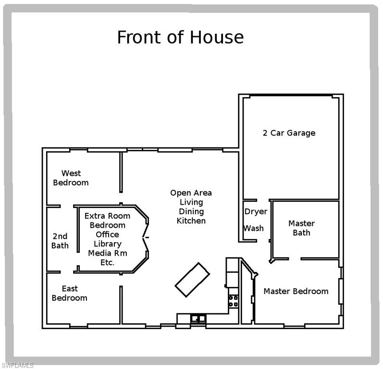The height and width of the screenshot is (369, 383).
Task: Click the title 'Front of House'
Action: pos(180,37)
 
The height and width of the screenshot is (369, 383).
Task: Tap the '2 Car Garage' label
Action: pos(289,133)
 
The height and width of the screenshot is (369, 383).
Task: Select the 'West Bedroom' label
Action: pos(71,178)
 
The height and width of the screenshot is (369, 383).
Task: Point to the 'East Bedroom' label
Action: pos(70,293)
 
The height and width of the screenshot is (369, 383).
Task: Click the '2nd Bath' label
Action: pos(60,241)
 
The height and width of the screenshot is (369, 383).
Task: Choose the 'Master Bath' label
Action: pos(301,228)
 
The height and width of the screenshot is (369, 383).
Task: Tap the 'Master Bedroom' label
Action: pos(296,291)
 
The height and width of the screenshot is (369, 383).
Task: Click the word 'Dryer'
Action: pos(256,212)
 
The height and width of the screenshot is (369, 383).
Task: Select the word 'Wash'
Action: pos(253,228)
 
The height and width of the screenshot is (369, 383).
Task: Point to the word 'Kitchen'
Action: pos(191,221)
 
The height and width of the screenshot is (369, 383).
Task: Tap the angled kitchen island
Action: pos(192,279)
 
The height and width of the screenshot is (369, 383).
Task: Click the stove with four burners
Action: pos(233,301)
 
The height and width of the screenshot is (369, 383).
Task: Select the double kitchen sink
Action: pos(198,318)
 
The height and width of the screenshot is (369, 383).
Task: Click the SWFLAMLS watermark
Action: pos(17,365)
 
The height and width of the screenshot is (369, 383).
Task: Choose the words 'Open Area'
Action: pos(191,193)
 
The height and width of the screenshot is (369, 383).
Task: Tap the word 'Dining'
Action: pos(191,211)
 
